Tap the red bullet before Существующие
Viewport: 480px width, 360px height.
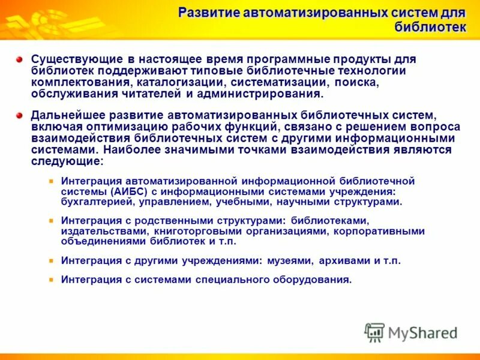(x=19, y=60)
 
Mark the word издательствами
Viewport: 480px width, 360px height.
(x=96, y=231)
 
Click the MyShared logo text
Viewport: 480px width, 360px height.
(x=422, y=332)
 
